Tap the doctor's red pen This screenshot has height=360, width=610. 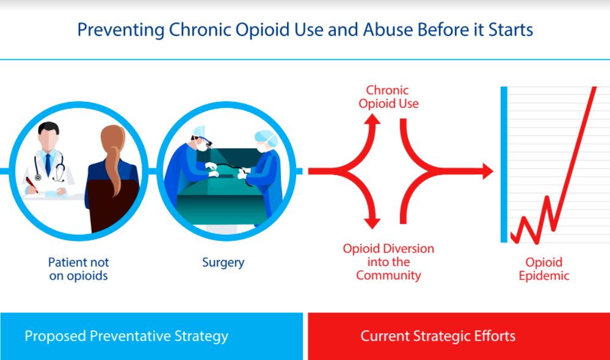pos(32,185)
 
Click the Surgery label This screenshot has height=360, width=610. pos(223,263)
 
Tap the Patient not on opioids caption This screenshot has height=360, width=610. pos(79,269)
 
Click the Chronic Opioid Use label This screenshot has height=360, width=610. pos(388,97)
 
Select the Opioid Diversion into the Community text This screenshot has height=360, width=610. pos(388,262)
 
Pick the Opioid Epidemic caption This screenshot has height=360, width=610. pos(544,269)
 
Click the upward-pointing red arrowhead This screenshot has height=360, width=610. pos(372,119)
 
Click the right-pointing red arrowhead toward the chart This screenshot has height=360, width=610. pos(488,171)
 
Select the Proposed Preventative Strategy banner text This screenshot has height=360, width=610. pos(126,336)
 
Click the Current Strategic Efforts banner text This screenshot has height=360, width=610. pos(438,336)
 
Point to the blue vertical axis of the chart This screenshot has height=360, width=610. pos(504,165)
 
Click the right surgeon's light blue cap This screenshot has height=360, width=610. pos(266,137)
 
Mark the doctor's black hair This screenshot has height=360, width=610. pos(49,128)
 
